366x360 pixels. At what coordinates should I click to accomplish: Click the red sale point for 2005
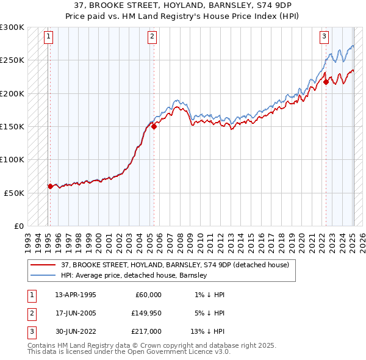(x=154, y=126)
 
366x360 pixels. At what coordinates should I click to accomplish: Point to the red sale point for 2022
(x=326, y=82)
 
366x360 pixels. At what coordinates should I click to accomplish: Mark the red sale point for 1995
(x=50, y=186)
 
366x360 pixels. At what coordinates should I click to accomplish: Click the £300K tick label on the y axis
(x=12, y=27)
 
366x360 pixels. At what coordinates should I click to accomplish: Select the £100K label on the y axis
(x=12, y=159)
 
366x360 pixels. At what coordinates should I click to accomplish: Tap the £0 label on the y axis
(x=18, y=226)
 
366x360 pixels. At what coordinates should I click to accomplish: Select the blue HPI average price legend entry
(x=134, y=275)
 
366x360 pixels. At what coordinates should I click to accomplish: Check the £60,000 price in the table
(x=147, y=295)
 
